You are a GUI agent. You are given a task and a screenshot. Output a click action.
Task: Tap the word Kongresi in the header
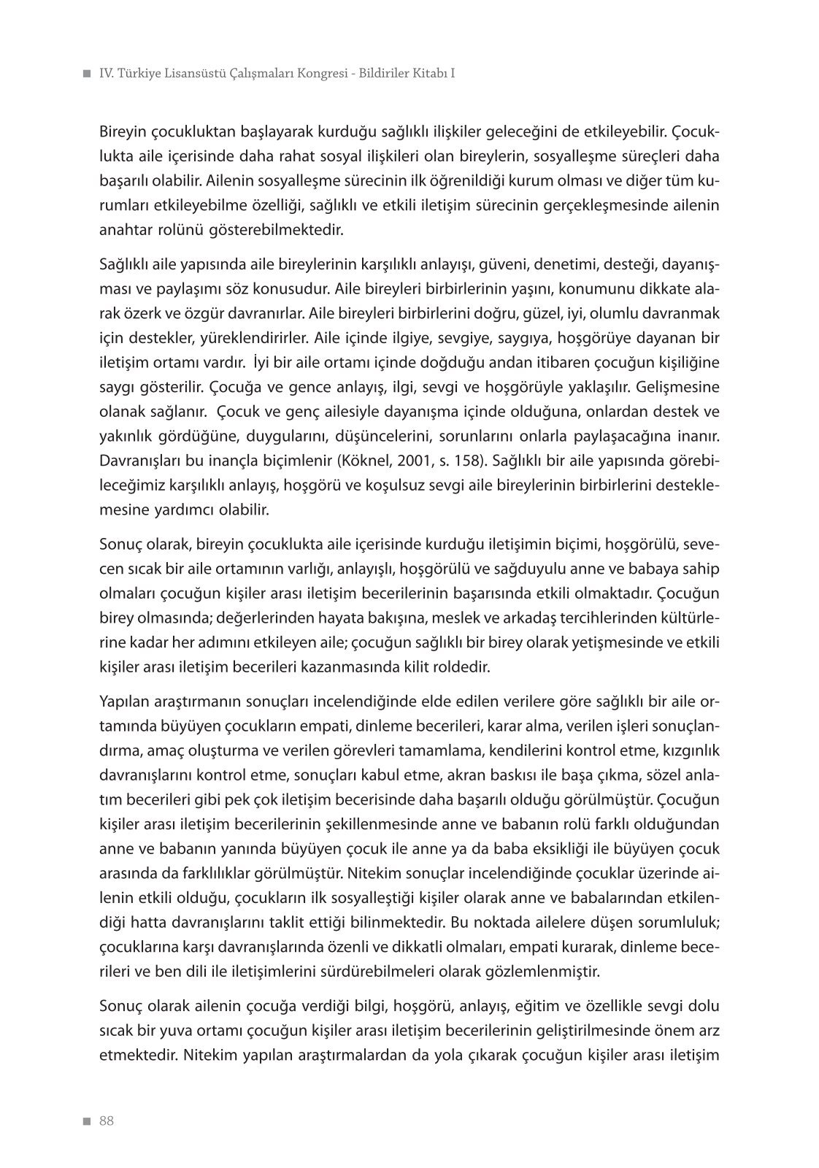pyautogui.click(x=312, y=74)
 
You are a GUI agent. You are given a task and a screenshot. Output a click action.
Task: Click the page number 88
pyautogui.click(x=107, y=1121)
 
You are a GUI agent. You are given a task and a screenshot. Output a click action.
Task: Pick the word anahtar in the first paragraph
pyautogui.click(x=125, y=230)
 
